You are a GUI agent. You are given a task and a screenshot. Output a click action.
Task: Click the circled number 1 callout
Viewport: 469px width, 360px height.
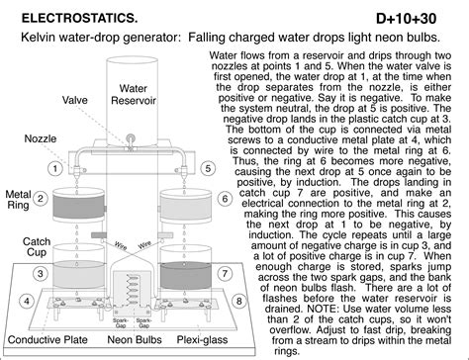(x=55, y=168)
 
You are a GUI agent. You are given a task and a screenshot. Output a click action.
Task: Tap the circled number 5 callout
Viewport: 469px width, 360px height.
(x=208, y=168)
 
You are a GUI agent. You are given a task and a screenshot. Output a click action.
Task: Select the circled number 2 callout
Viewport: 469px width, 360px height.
(x=41, y=199)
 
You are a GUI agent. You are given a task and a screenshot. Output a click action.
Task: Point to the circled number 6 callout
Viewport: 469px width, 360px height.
(x=225, y=199)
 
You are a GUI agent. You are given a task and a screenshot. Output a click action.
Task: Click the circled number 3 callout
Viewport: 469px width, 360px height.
(x=41, y=273)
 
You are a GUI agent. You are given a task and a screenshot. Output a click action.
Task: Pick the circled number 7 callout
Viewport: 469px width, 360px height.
(x=225, y=273)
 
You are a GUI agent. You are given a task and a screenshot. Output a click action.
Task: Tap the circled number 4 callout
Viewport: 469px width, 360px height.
(x=27, y=301)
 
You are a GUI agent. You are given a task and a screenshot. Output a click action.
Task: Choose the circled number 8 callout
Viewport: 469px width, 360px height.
(x=239, y=301)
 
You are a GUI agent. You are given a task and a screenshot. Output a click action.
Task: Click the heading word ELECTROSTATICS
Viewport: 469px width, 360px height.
(x=79, y=18)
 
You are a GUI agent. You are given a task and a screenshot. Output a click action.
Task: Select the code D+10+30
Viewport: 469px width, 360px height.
(x=406, y=19)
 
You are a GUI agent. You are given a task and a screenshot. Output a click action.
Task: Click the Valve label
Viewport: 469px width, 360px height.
(x=75, y=100)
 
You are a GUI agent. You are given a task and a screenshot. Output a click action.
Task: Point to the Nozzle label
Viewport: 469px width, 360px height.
(x=41, y=138)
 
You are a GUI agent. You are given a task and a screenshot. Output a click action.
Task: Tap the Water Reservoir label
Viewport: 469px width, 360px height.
(x=134, y=94)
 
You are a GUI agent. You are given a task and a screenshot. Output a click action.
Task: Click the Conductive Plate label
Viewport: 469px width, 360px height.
(x=47, y=339)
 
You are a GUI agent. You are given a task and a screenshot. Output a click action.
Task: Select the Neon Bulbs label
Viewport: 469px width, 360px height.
(x=135, y=339)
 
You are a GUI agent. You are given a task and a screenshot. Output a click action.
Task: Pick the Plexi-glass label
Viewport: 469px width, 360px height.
(x=202, y=339)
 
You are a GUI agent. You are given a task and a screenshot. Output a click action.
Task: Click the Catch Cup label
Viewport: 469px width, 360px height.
(x=37, y=247)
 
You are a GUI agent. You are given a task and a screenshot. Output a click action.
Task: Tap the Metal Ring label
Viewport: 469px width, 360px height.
(x=18, y=200)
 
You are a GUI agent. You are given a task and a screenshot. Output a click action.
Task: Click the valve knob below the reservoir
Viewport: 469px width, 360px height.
(x=131, y=138)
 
